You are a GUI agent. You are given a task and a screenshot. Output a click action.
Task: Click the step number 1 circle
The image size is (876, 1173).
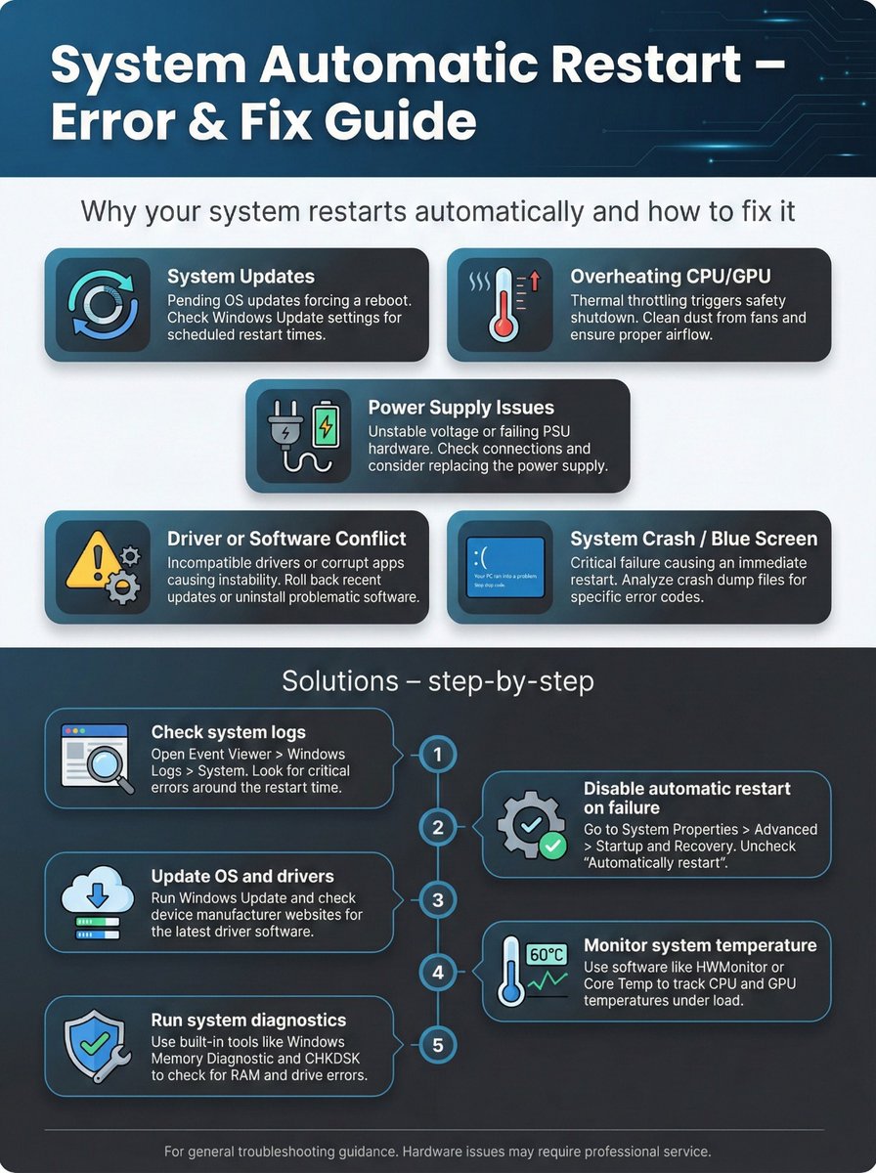[x=438, y=755]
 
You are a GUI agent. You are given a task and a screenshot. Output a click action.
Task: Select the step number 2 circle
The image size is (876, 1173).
[x=438, y=827]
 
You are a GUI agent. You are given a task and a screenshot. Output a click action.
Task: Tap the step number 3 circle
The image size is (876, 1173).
[x=438, y=899]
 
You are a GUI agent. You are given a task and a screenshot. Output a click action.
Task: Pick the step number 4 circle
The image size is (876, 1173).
[x=438, y=972]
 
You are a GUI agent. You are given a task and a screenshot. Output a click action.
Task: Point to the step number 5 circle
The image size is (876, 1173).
[x=438, y=1045]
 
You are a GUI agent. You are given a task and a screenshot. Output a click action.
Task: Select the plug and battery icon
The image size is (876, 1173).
[x=304, y=435]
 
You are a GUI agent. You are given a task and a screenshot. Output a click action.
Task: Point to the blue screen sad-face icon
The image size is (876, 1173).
[x=505, y=567]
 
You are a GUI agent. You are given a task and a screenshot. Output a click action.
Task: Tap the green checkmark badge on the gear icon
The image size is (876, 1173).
[x=553, y=845]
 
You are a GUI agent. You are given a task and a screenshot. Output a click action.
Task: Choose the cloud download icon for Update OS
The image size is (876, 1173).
[x=96, y=893]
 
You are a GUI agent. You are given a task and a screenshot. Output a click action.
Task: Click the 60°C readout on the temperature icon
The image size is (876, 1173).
[x=546, y=953]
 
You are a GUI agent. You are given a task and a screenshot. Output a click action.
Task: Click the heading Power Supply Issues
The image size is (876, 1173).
[x=460, y=408]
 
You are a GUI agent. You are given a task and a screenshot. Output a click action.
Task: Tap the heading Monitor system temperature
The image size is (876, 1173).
[x=700, y=945]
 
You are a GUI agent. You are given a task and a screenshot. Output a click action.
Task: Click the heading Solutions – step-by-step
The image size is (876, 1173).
[x=437, y=680]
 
